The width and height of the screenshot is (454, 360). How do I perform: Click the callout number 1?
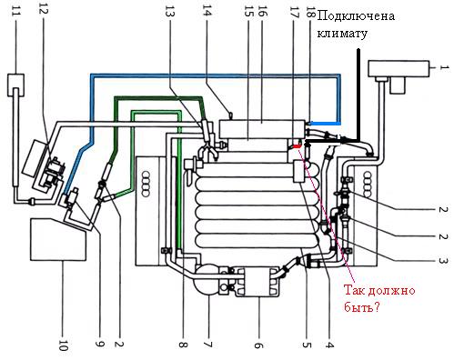444,67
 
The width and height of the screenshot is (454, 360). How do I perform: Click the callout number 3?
443,261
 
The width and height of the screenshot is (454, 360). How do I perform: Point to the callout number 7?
208,345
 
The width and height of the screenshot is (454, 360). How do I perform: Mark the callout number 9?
100,343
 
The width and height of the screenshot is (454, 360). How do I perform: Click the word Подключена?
356,15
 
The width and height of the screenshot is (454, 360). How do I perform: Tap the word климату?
342,34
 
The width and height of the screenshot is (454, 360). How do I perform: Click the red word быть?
362,306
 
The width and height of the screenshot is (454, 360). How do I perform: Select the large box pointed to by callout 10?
57,239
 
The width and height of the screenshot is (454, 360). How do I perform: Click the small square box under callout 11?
15,85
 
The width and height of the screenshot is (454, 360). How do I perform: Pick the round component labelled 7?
207,279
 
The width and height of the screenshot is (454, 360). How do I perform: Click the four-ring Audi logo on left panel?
146,185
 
